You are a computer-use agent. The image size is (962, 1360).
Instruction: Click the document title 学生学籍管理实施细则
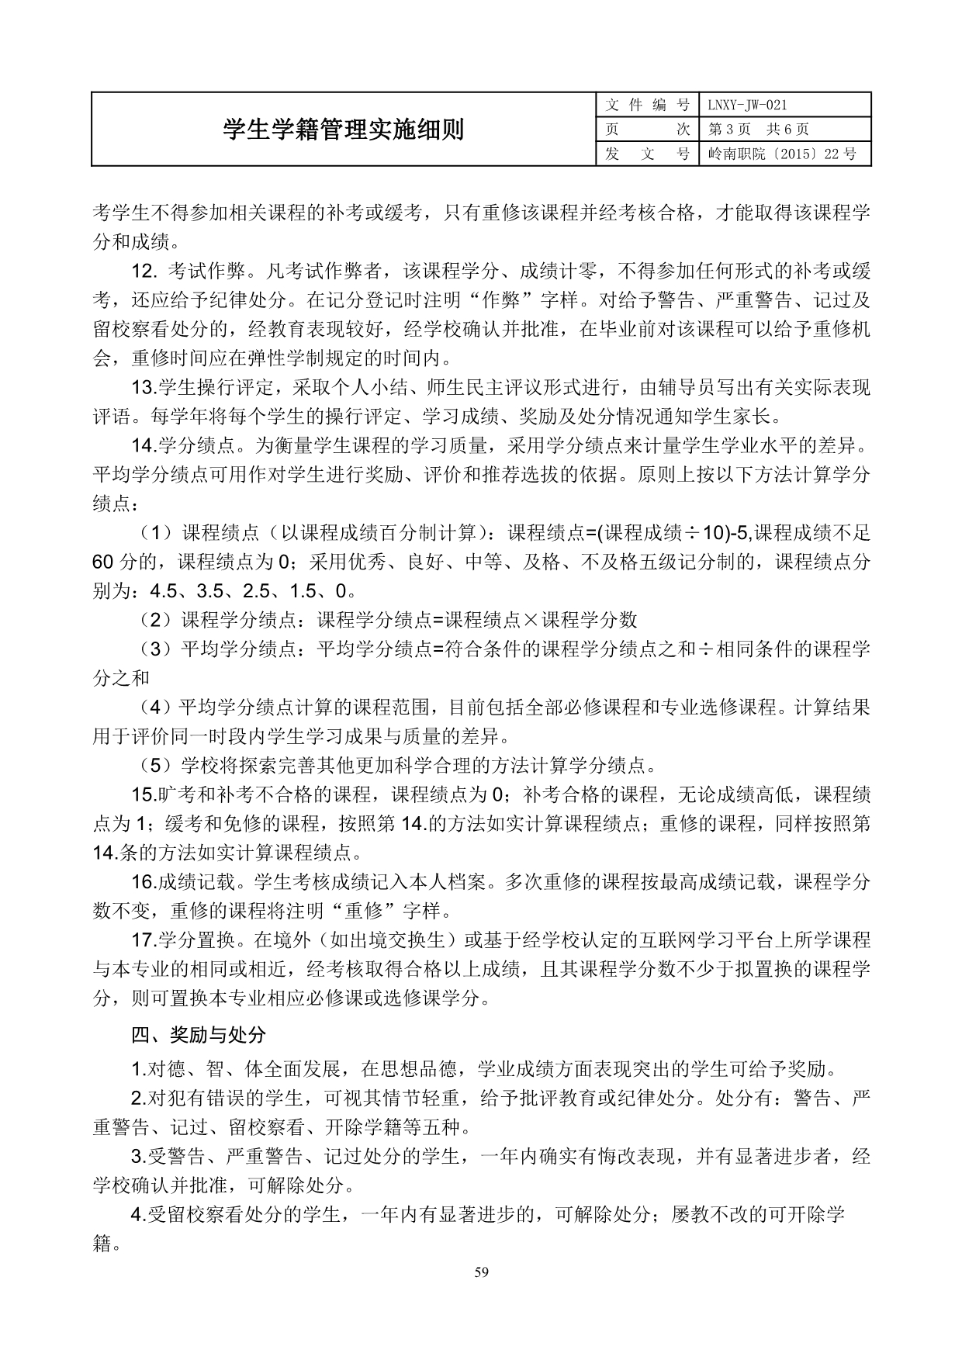click(343, 130)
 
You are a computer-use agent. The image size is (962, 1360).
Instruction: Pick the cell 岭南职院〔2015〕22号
click(782, 154)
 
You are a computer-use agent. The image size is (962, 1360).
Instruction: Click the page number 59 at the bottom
click(481, 1272)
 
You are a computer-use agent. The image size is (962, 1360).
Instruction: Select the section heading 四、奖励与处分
click(199, 1034)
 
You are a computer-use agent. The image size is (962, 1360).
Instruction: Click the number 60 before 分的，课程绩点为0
click(103, 562)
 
